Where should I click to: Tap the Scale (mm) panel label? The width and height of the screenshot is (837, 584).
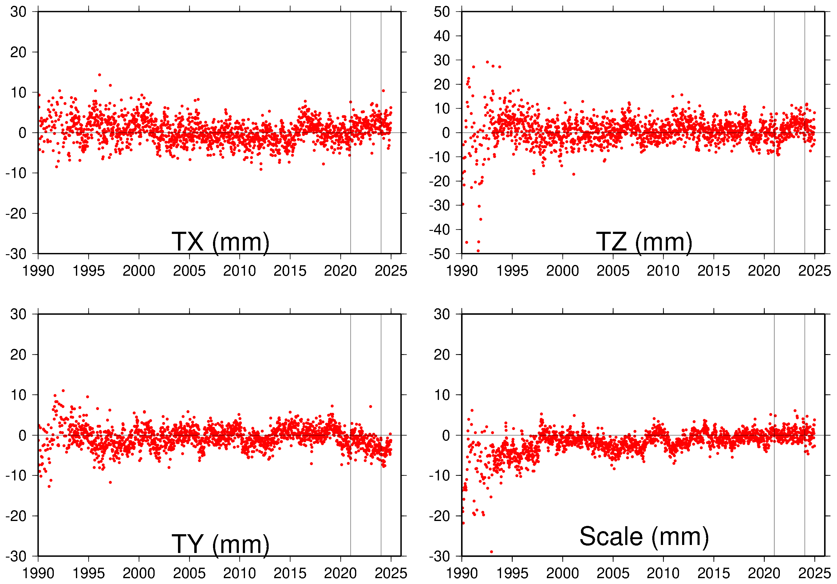tap(644, 537)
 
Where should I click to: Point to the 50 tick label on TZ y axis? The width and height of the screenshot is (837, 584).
tap(441, 12)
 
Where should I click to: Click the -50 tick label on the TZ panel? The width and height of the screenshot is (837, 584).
tap(439, 254)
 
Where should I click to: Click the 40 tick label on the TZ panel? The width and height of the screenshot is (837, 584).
tap(441, 36)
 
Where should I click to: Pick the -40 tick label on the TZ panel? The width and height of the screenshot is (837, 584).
tap(439, 230)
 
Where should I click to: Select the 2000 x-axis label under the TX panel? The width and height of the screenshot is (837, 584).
tap(139, 271)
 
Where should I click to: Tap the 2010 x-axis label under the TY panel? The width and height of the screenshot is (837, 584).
tap(239, 574)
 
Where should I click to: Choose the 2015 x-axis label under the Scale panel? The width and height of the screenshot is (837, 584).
tap(713, 574)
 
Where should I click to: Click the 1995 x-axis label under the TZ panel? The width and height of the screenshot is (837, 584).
tap(512, 271)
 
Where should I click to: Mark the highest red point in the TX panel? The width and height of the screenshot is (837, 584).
tap(100, 75)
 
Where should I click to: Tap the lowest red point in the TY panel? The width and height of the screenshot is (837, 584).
tap(49, 486)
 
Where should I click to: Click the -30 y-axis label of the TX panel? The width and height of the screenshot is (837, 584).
tap(16, 254)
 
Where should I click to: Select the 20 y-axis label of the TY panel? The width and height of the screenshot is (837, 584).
tap(18, 354)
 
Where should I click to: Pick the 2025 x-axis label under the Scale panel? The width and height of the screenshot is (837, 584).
tap(814, 574)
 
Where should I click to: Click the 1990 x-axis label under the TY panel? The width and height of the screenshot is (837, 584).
tap(38, 574)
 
